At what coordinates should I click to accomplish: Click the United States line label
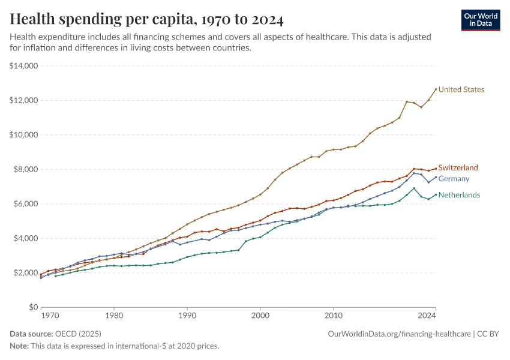pos(461,89)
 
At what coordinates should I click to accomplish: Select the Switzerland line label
pos(458,168)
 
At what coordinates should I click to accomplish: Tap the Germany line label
pos(454,179)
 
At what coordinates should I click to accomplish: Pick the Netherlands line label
pos(459,195)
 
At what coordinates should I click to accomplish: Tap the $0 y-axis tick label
pos(32,307)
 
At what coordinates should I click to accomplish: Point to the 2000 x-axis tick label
pos(260,314)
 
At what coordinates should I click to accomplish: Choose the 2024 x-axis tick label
pos(427,314)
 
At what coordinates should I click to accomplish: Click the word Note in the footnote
pos(19,346)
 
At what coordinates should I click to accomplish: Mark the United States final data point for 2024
pos(436,89)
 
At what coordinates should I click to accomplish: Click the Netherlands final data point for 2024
pos(436,194)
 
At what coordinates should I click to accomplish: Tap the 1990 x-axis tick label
pos(187,314)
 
